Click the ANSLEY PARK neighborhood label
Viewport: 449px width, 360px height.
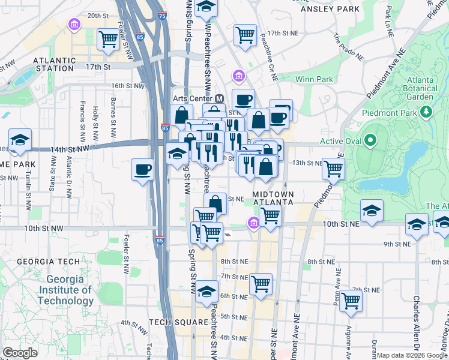pos(330,9)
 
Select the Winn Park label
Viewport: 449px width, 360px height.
pos(314,79)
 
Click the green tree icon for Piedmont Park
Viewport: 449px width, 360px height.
pos(427,112)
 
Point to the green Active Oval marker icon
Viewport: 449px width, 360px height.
pos(370,142)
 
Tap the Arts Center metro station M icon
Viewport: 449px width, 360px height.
pos(220,98)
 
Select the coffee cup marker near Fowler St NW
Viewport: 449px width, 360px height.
pos(142,169)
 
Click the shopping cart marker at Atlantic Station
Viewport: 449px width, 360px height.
pos(109,38)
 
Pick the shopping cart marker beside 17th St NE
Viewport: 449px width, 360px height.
pos(245,35)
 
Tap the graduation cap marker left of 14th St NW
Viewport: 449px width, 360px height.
pos(20,140)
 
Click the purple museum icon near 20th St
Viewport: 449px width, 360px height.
pos(75,25)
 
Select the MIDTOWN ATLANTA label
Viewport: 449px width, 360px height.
pos(273,199)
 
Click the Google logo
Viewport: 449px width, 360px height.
pos(20,353)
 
